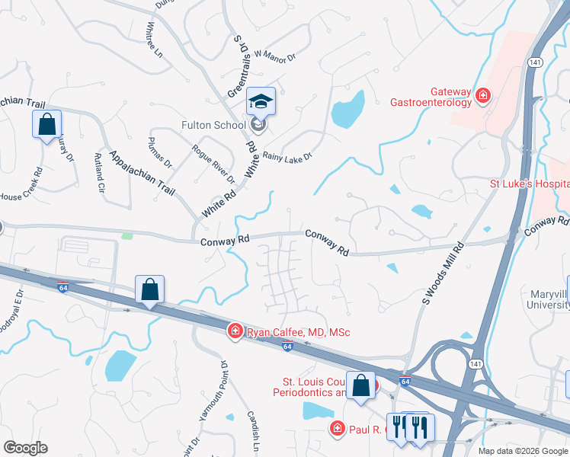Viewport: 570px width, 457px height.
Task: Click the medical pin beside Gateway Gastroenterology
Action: pyautogui.click(x=482, y=96)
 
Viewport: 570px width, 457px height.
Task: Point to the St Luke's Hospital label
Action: pyautogui.click(x=529, y=184)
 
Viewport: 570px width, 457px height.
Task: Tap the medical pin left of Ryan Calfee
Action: pyautogui.click(x=235, y=330)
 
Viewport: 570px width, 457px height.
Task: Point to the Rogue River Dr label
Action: pyautogui.click(x=213, y=165)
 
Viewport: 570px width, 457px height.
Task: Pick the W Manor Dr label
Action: pyautogui.click(x=274, y=54)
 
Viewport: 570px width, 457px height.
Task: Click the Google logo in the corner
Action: pyautogui.click(x=25, y=448)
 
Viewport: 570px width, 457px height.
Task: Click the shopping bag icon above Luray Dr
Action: pyautogui.click(x=46, y=123)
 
